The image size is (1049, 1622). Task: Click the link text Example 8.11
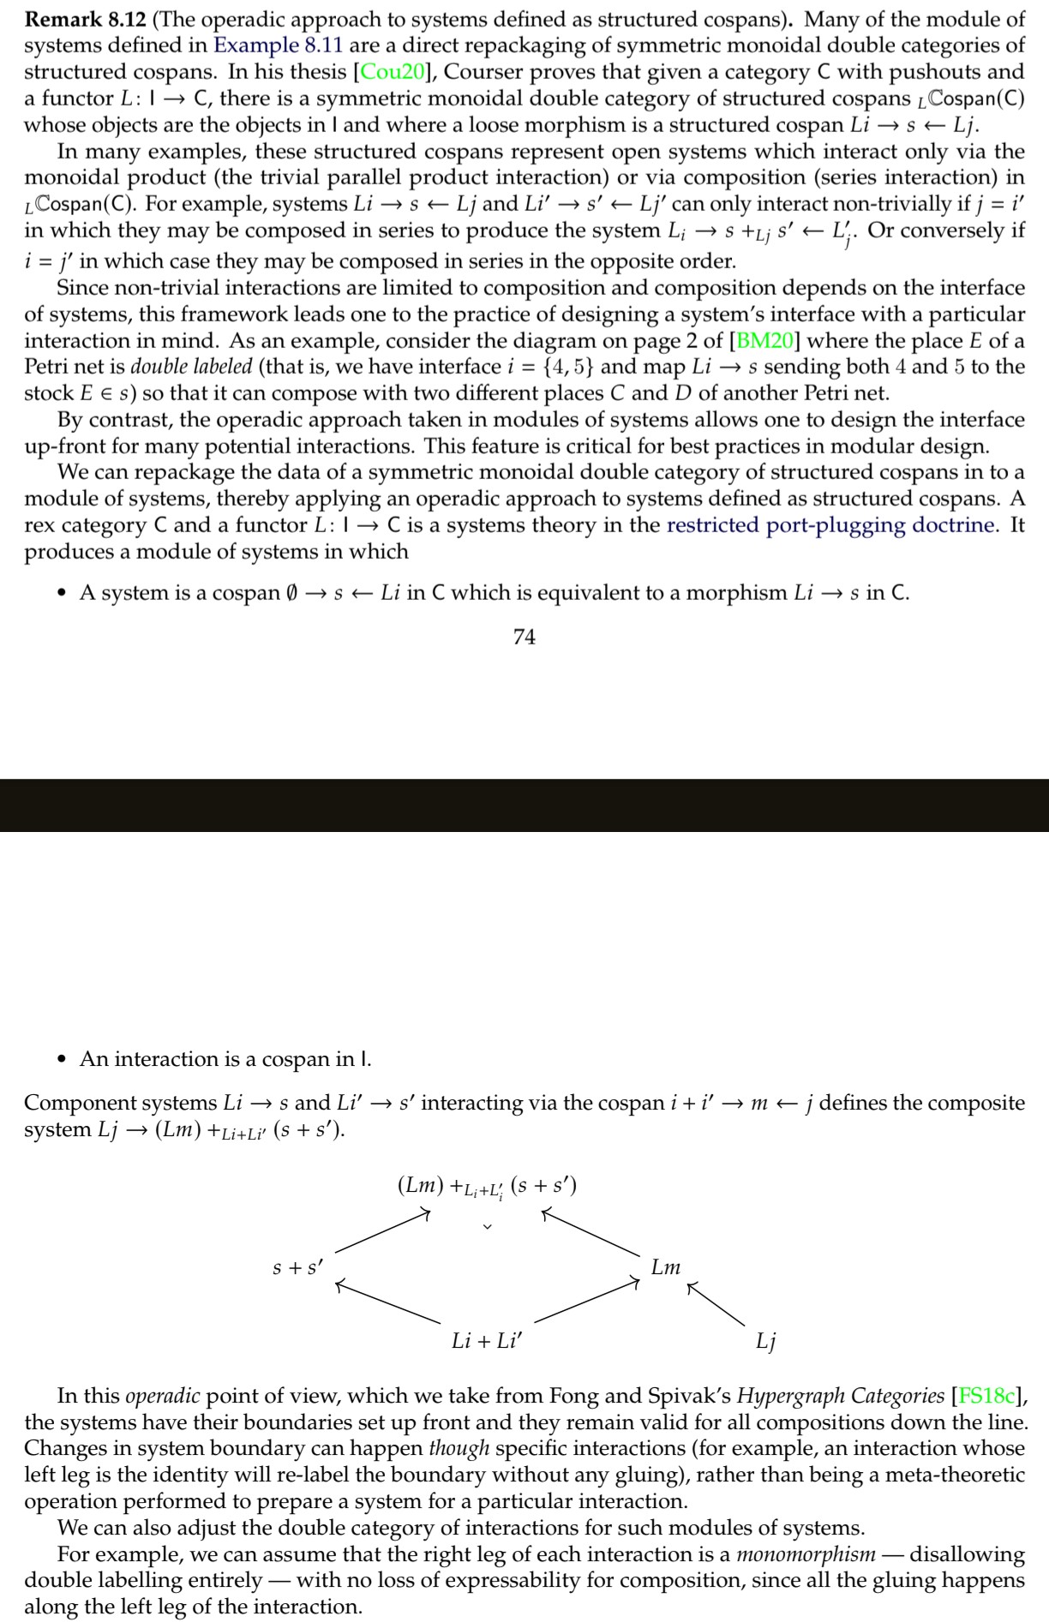coord(279,45)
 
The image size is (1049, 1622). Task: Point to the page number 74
coord(524,637)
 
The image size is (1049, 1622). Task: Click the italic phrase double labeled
coord(191,368)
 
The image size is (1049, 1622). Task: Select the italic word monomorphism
coord(806,1554)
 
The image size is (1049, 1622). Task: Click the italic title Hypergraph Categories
coord(841,1396)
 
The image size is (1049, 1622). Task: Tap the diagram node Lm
coord(666,1266)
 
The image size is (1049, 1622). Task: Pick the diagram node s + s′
coord(297,1266)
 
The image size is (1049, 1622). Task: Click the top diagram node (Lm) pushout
coord(487,1186)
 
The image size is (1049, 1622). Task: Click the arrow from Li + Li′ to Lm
coord(586,1301)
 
